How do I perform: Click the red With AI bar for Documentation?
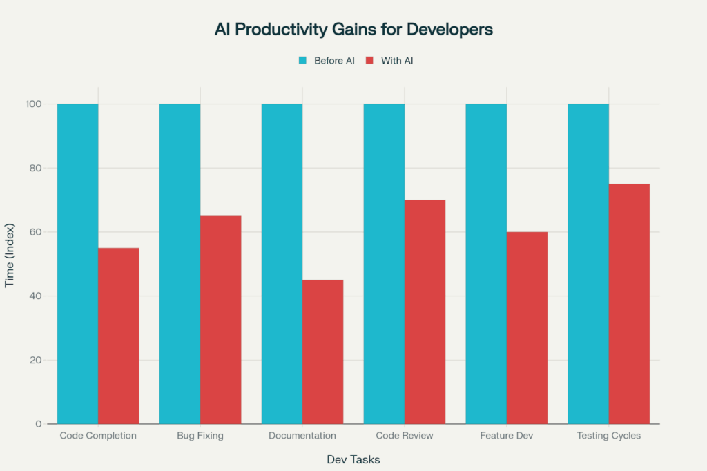322,352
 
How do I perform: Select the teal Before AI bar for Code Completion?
77,263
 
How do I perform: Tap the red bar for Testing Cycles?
629,304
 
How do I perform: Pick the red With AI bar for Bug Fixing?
221,320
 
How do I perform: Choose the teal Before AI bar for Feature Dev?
486,263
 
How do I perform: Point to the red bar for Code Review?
425,311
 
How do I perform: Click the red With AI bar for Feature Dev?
527,327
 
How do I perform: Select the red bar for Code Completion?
119,336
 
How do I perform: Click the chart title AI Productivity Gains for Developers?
353,30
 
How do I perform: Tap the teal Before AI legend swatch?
302,61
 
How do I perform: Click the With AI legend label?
397,61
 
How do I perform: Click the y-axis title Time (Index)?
10,255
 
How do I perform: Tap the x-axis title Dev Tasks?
353,459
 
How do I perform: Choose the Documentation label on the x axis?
302,436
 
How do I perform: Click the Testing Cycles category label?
608,436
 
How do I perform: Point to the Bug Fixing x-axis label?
200,436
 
